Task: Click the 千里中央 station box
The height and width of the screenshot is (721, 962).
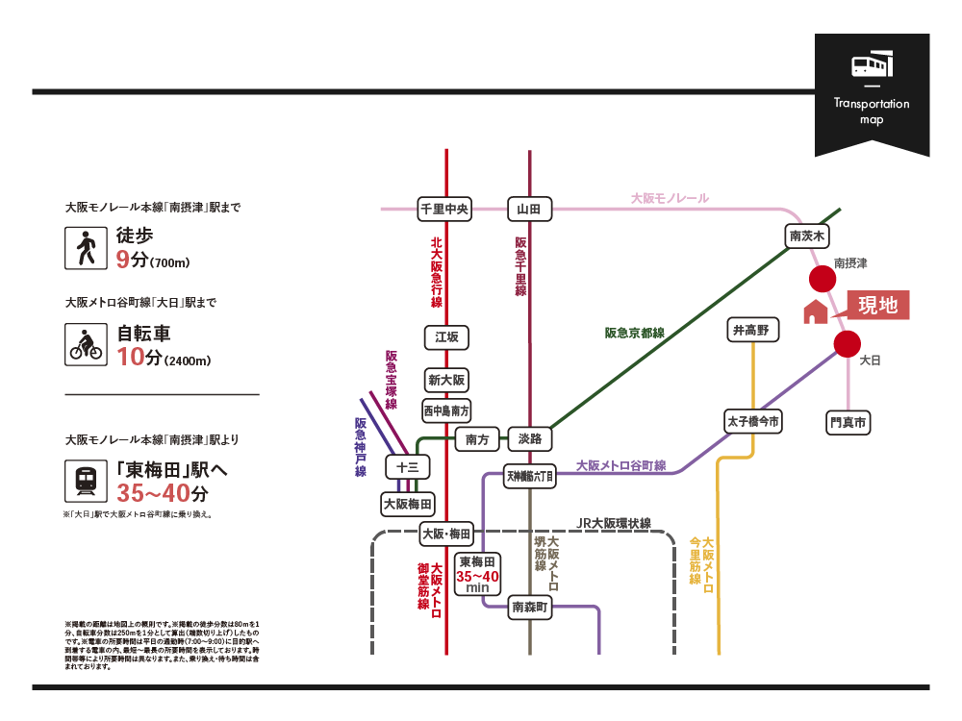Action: pos(444,209)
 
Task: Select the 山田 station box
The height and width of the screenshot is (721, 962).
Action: pos(529,209)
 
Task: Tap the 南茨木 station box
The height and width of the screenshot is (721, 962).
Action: pos(808,236)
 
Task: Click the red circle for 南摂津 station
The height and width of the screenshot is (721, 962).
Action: pos(822,280)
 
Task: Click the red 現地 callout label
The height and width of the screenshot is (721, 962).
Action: pos(876,306)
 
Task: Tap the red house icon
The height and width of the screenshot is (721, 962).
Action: pos(815,311)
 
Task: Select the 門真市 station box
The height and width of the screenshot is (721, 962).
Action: pos(848,422)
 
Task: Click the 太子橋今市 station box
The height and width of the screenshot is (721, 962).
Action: pos(753,421)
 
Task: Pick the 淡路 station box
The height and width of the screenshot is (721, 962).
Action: pos(529,439)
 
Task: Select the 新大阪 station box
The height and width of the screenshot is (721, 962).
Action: pos(446,381)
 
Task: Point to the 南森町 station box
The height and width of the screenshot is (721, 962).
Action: pos(529,607)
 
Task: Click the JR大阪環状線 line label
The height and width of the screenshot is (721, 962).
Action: pos(614,524)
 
